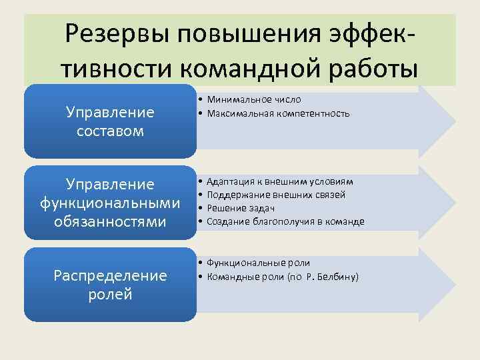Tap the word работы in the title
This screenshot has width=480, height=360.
click(369, 67)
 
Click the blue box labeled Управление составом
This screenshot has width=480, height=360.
click(110, 121)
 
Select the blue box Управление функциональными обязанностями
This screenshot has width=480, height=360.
click(110, 202)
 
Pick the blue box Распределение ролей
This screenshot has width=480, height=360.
click(110, 284)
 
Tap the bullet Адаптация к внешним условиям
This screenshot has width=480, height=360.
click(280, 181)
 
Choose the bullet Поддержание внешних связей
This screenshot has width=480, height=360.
click(276, 195)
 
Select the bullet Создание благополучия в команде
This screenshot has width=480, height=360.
click(285, 221)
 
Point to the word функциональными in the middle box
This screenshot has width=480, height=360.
click(110, 202)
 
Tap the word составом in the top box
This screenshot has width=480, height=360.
click(110, 131)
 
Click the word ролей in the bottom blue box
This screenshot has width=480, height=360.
click(110, 294)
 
